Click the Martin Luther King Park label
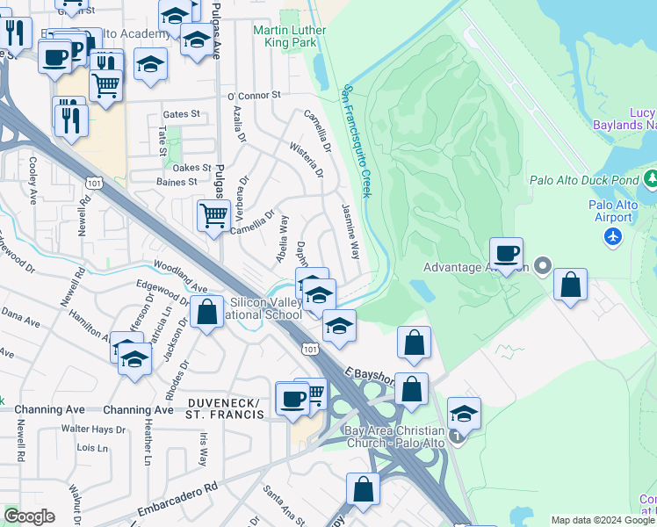[x=289, y=36]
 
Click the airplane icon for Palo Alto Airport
[x=613, y=236]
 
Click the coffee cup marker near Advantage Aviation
[x=506, y=255]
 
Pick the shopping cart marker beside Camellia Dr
[x=213, y=214]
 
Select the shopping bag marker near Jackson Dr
[x=206, y=313]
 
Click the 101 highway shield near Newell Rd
[x=91, y=182]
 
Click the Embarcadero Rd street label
[x=177, y=497]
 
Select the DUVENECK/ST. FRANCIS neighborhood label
[x=225, y=408]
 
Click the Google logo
[x=29, y=516]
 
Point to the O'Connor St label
[x=253, y=95]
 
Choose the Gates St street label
[x=182, y=114]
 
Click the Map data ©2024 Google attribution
[x=602, y=520]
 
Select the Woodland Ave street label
[x=181, y=275]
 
